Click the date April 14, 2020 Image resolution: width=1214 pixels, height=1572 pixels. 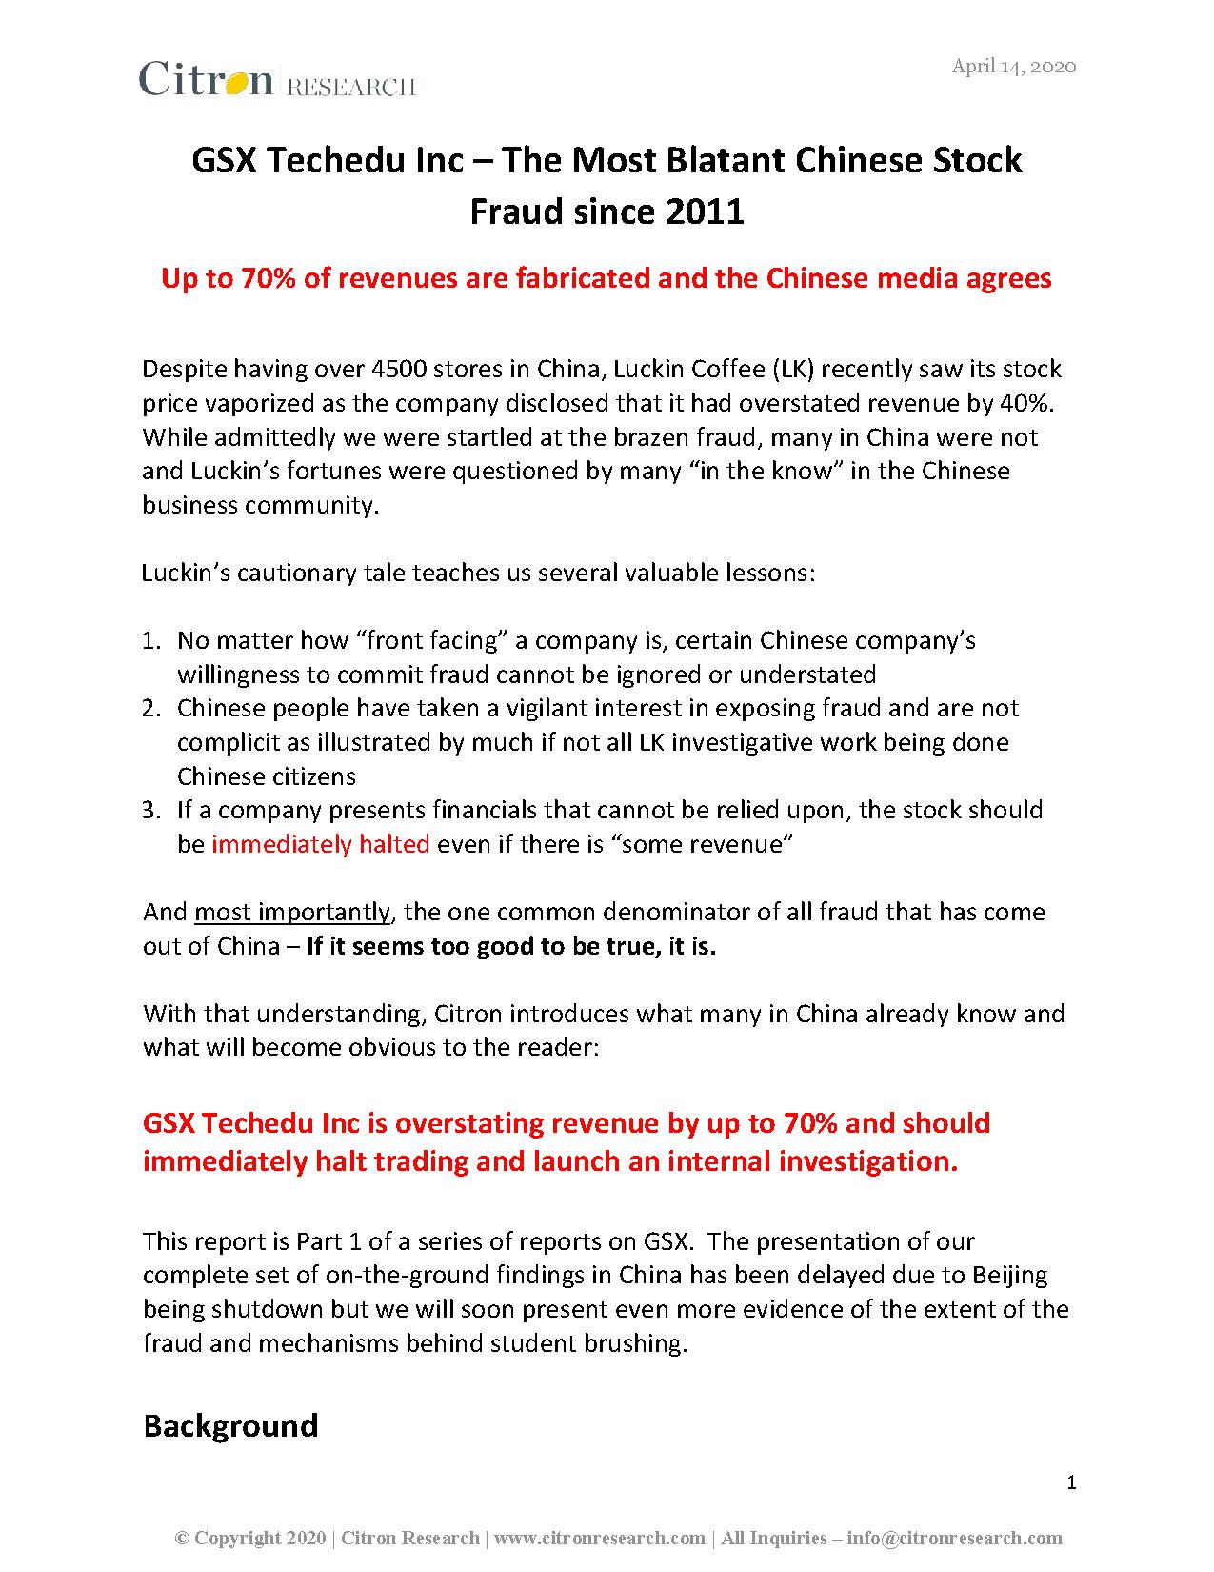click(x=1014, y=66)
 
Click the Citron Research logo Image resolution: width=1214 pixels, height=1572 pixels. click(x=277, y=80)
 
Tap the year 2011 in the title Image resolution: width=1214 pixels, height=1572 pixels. click(x=704, y=211)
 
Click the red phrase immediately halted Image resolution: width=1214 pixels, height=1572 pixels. click(x=320, y=844)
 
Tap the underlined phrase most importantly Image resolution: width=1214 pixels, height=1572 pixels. click(x=291, y=912)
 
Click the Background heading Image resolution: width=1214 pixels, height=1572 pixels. click(x=230, y=1425)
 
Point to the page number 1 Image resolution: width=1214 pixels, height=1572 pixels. click(x=1071, y=1482)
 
